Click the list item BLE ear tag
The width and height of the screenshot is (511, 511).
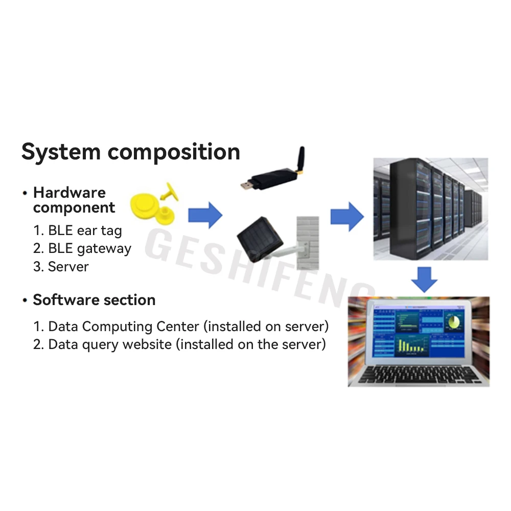coord(78,230)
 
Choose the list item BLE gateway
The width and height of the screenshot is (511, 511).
coord(82,249)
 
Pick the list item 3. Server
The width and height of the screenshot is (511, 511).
coord(61,267)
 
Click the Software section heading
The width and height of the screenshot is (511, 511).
coord(94,300)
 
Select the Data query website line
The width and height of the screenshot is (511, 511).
coord(179,344)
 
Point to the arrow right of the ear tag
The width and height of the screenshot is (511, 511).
coord(205,215)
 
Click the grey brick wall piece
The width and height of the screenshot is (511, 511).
coord(308,243)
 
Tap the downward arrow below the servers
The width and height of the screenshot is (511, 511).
coord(425,279)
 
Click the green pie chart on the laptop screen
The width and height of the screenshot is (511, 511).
coord(453,322)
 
